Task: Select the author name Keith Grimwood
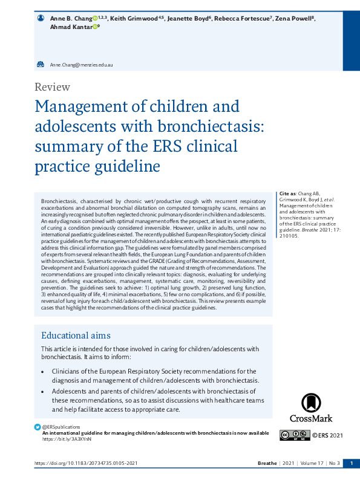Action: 131,19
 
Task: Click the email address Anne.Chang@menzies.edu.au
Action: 82,64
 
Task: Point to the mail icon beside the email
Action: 41,64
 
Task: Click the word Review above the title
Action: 53,86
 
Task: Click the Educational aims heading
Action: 76,336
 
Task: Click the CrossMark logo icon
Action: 311,403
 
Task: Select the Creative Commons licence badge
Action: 295,435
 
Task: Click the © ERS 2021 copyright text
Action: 327,435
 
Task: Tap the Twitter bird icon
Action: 38,427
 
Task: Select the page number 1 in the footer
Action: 351,464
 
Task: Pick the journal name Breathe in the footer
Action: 267,464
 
